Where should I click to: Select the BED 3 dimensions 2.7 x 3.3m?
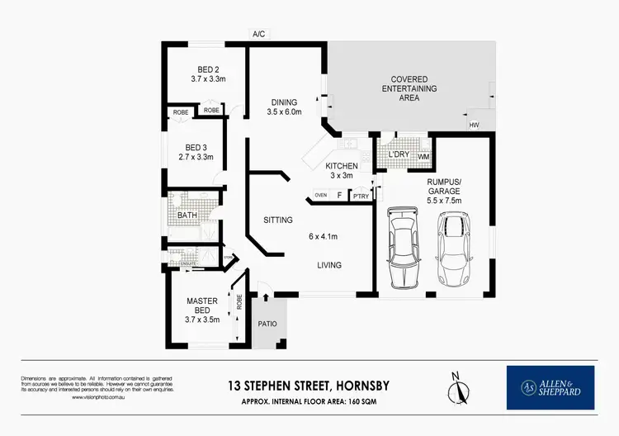196,157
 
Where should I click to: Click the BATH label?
187,216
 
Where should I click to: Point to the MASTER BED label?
202,306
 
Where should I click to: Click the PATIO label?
267,324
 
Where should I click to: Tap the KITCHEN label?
341,166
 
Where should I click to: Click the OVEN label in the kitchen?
320,196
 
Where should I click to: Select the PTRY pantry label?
360,197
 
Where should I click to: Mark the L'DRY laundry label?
399,154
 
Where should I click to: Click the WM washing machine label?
423,155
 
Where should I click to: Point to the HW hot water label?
474,125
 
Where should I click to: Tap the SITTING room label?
279,220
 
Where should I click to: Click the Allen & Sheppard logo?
550,387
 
